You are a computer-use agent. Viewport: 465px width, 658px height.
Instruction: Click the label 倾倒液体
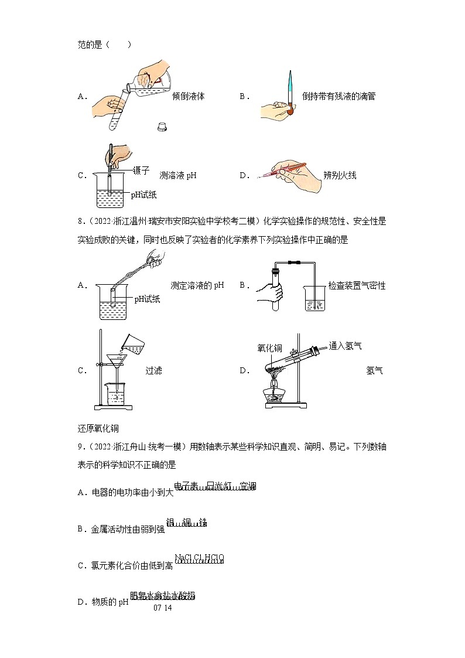tap(188, 96)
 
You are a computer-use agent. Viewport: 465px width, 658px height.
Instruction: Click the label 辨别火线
tap(340, 175)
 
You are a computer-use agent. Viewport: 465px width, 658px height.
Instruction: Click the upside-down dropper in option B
tap(290, 94)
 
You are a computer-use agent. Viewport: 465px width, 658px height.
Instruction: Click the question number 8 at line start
tap(80, 221)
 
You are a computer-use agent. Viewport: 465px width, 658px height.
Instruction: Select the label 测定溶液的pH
tap(197, 285)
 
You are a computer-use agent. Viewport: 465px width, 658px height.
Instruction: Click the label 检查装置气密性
tap(357, 285)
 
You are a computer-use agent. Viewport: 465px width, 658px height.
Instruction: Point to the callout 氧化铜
tap(269, 347)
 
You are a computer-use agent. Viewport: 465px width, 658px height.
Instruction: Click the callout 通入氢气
tap(345, 346)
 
